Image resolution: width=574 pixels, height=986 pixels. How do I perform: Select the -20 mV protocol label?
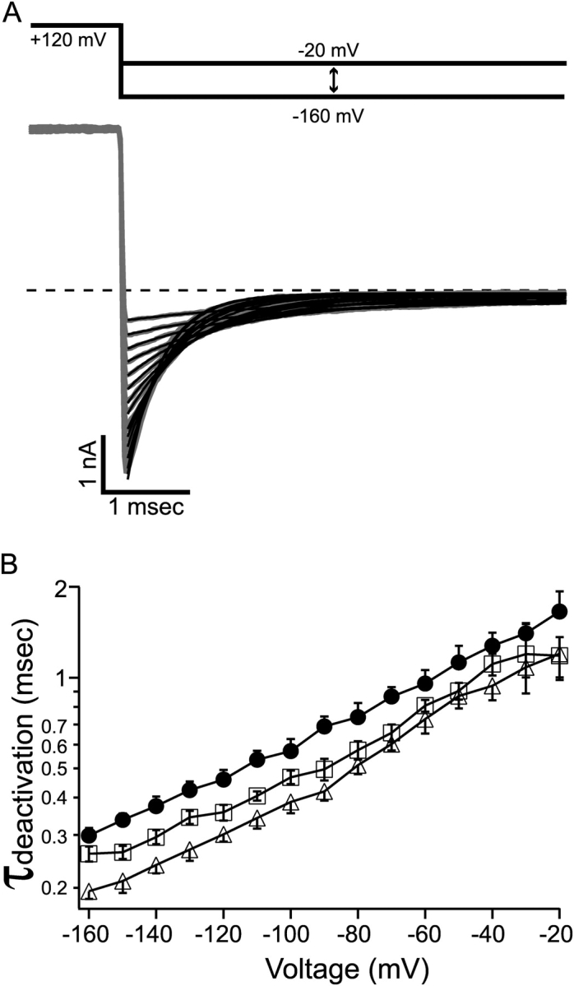330,50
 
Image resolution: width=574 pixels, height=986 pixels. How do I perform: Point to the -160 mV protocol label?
330,116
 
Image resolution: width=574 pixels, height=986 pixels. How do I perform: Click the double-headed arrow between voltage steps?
333,80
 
